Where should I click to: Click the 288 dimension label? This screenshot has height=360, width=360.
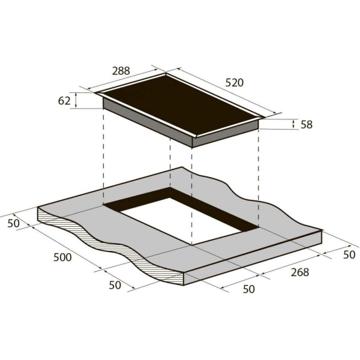[121, 71]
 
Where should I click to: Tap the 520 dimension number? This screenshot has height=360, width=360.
[235, 83]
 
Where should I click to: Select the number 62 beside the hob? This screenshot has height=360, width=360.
[64, 101]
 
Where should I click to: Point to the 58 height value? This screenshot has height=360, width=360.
[307, 124]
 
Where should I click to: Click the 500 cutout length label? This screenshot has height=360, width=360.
[62, 257]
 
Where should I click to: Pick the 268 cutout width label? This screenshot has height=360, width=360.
[300, 272]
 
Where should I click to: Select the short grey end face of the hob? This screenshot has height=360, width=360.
[226, 134]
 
